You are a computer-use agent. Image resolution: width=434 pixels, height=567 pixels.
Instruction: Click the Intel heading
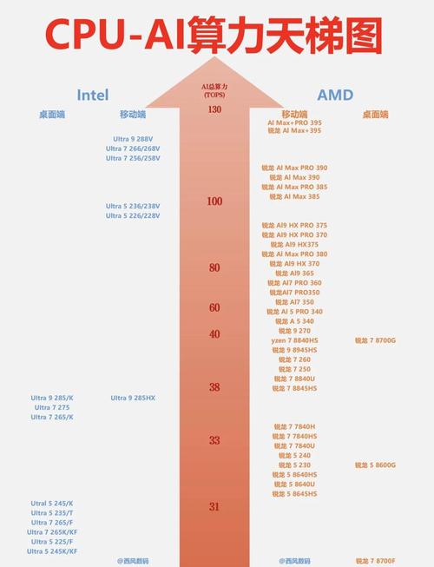pyautogui.click(x=93, y=95)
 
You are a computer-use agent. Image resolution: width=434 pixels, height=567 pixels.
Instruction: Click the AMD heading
pyautogui.click(x=335, y=95)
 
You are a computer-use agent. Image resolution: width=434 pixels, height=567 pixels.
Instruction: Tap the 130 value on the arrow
pyautogui.click(x=214, y=109)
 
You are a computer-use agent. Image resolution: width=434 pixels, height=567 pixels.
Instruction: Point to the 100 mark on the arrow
pyautogui.click(x=214, y=201)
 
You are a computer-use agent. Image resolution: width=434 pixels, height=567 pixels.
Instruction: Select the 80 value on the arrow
pyautogui.click(x=214, y=268)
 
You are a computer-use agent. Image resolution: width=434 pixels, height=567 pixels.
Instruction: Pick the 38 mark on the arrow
pyautogui.click(x=214, y=387)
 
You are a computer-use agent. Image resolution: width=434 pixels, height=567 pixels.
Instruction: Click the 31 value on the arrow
pyautogui.click(x=214, y=507)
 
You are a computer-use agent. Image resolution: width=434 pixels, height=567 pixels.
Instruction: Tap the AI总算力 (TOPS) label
pyautogui.click(x=214, y=90)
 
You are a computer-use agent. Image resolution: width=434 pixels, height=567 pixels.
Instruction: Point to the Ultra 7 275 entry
pyautogui.click(x=52, y=407)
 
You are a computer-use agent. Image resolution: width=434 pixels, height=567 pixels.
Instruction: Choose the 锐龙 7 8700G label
pyautogui.click(x=375, y=340)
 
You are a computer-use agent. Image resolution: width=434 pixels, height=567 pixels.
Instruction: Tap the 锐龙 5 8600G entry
pyautogui.click(x=375, y=465)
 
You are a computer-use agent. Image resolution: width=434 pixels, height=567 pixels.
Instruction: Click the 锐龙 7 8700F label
pyautogui.click(x=375, y=561)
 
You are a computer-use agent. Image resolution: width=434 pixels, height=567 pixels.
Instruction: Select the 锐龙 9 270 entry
pyautogui.click(x=294, y=331)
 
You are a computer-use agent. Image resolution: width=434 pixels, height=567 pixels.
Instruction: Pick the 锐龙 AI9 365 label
pyautogui.click(x=294, y=274)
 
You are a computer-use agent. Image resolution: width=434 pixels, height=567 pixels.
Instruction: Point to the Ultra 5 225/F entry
pyautogui.click(x=52, y=542)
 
